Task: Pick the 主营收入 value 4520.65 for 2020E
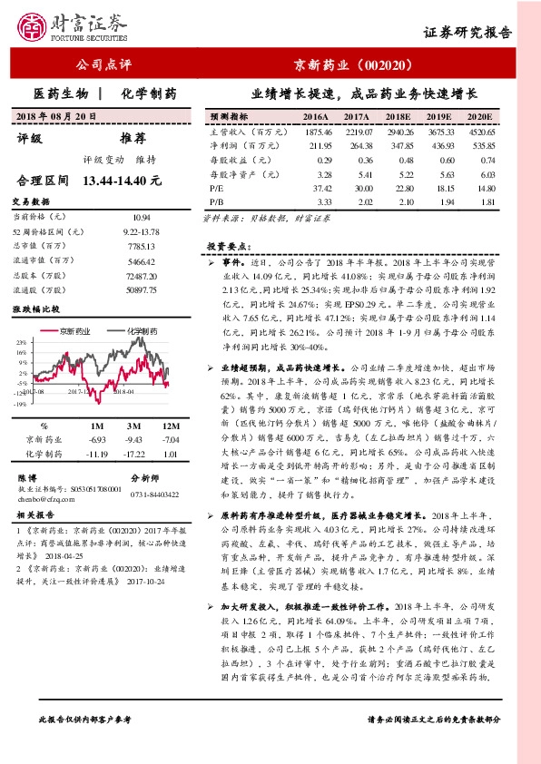481,132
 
